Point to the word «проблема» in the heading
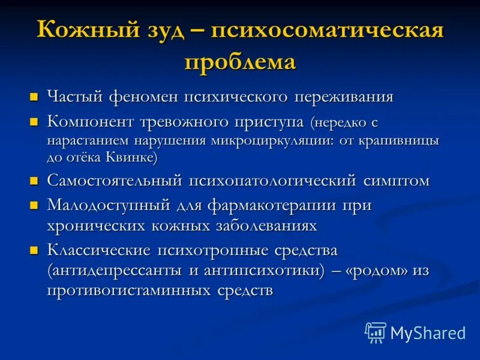pyautogui.click(x=240, y=62)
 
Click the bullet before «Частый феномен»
pyautogui.click(x=35, y=96)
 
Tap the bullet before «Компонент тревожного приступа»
pyautogui.click(x=35, y=122)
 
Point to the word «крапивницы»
pyautogui.click(x=408, y=142)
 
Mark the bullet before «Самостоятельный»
pyautogui.click(x=35, y=180)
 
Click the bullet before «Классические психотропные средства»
pyautogui.click(x=35, y=249)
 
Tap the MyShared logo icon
pyautogui.click(x=376, y=332)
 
